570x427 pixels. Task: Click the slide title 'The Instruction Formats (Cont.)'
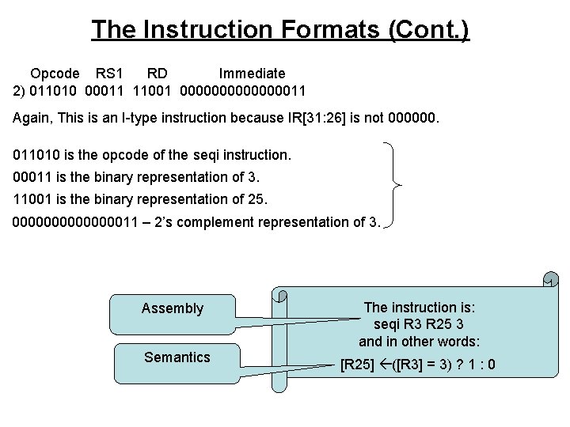coord(280,29)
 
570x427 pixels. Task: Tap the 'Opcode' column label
coord(55,74)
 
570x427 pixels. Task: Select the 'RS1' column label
coord(109,74)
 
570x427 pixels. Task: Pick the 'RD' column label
coord(157,74)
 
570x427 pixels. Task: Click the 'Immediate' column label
coord(252,74)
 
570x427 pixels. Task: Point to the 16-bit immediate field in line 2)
coord(243,91)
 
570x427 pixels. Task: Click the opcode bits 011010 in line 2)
coord(53,91)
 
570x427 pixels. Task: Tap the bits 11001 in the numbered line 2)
coord(154,91)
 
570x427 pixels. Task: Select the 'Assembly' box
coord(173,308)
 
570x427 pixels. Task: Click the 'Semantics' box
coord(177,357)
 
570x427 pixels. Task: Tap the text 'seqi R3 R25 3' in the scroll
coord(419,324)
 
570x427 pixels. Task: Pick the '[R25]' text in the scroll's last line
coord(358,365)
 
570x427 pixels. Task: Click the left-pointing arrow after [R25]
coord(386,365)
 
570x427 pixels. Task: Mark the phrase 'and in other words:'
coord(420,342)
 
